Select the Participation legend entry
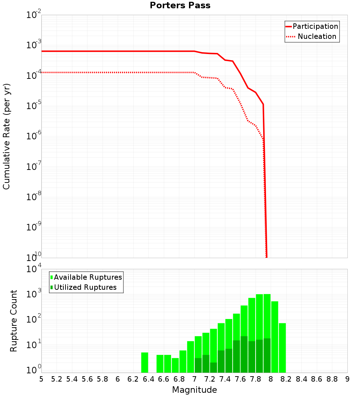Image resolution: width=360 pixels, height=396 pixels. point(315,26)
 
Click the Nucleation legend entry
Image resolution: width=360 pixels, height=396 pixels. point(316,36)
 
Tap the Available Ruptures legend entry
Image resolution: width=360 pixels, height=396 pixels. point(87,277)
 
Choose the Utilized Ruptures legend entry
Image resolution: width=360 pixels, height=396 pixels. point(85,287)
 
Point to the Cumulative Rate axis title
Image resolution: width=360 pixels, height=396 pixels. point(7,136)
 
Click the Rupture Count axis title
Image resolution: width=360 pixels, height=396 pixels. point(14,321)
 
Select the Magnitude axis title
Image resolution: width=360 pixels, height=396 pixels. point(194,390)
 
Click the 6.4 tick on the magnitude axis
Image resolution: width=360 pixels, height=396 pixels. point(148,379)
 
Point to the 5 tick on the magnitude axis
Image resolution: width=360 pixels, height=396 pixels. point(41,379)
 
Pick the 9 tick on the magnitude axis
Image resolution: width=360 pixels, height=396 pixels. point(347,379)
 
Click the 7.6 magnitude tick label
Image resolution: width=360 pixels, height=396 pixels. point(240,379)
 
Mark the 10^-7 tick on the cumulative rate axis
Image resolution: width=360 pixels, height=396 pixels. point(34,167)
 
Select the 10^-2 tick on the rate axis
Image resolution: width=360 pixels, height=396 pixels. point(34,15)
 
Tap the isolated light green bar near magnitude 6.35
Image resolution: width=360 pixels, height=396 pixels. point(144,363)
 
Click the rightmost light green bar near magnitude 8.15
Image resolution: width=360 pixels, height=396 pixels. point(282,348)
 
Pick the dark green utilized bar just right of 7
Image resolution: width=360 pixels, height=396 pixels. point(198,365)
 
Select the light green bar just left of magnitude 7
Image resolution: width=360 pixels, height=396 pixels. point(190,357)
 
